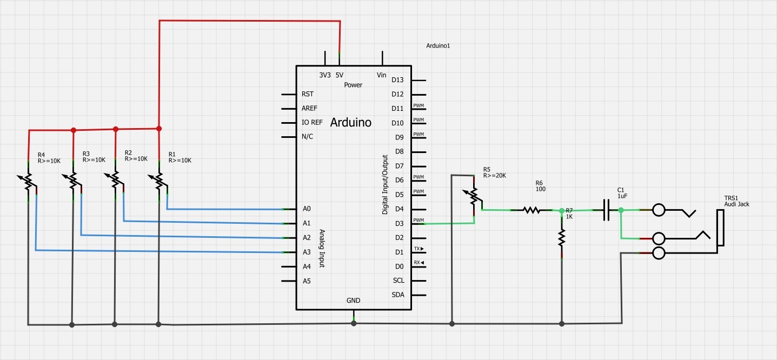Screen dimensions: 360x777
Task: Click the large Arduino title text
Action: [x=350, y=122]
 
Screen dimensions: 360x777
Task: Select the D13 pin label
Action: [x=397, y=80]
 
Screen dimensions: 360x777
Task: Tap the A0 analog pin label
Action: [x=307, y=209]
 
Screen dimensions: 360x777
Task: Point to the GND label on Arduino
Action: [x=353, y=301]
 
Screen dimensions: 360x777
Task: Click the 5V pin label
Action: [x=340, y=75]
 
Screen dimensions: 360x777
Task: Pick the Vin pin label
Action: [x=381, y=75]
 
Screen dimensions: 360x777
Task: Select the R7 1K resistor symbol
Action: [x=562, y=236]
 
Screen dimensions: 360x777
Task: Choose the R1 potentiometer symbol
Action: [x=159, y=181]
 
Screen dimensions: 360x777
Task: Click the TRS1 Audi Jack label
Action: [x=736, y=201]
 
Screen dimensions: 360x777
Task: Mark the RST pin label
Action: [x=308, y=94]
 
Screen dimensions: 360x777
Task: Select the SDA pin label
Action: [x=398, y=295]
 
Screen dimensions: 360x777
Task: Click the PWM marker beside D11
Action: [x=418, y=105]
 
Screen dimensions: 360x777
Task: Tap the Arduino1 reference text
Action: [x=438, y=46]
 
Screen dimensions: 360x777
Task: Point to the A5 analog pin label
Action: [x=307, y=281]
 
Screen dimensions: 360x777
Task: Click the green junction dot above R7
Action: [x=562, y=210]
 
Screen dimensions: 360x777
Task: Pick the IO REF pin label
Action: [x=312, y=122]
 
